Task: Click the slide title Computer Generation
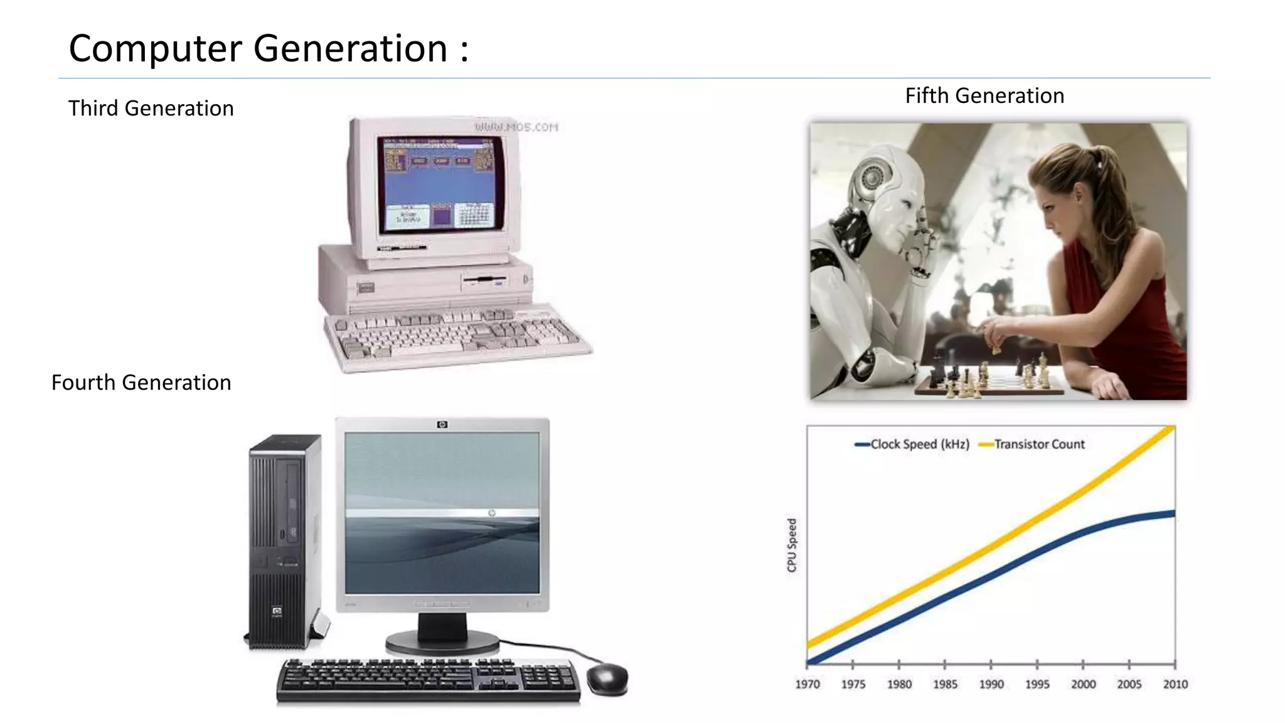coord(269,48)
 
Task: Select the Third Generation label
coord(151,109)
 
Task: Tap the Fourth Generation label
coord(141,383)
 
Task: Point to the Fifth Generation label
coord(984,96)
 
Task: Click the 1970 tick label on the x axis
coord(808,684)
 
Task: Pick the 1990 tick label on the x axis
coord(991,684)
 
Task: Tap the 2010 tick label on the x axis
coord(1175,684)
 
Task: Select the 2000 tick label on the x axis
coord(1084,684)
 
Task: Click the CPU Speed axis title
coord(792,545)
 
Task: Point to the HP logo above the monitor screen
coord(442,425)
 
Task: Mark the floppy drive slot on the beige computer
coord(484,279)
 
